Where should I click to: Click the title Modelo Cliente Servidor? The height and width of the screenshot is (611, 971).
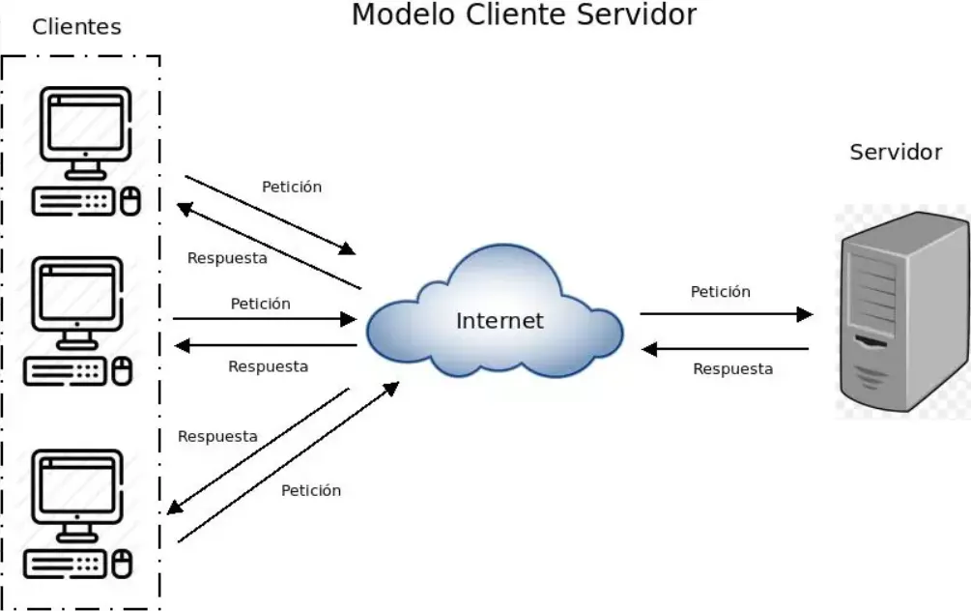[523, 15]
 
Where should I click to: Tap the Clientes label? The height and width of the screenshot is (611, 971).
[77, 27]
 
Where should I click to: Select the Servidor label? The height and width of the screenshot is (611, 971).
[896, 152]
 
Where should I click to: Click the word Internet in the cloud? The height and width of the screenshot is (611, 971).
[500, 321]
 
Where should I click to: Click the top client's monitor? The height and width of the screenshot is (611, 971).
[85, 126]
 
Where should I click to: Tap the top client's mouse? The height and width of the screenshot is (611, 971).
[129, 201]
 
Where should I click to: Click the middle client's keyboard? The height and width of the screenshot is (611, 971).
[65, 372]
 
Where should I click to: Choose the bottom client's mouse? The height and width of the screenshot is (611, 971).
[122, 564]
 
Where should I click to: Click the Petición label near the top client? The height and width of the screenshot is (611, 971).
[292, 187]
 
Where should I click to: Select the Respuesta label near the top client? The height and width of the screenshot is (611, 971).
[227, 258]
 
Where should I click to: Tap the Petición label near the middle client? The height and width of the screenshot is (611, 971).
[260, 304]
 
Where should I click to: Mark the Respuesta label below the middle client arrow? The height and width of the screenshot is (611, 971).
[268, 366]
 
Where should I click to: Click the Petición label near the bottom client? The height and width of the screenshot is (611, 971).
[311, 490]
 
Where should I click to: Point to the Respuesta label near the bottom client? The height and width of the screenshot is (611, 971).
[217, 436]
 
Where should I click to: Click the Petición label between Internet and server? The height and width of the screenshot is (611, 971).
[720, 291]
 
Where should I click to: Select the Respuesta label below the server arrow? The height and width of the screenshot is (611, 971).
[732, 368]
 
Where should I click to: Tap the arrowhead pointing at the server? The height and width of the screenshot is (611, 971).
[804, 314]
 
